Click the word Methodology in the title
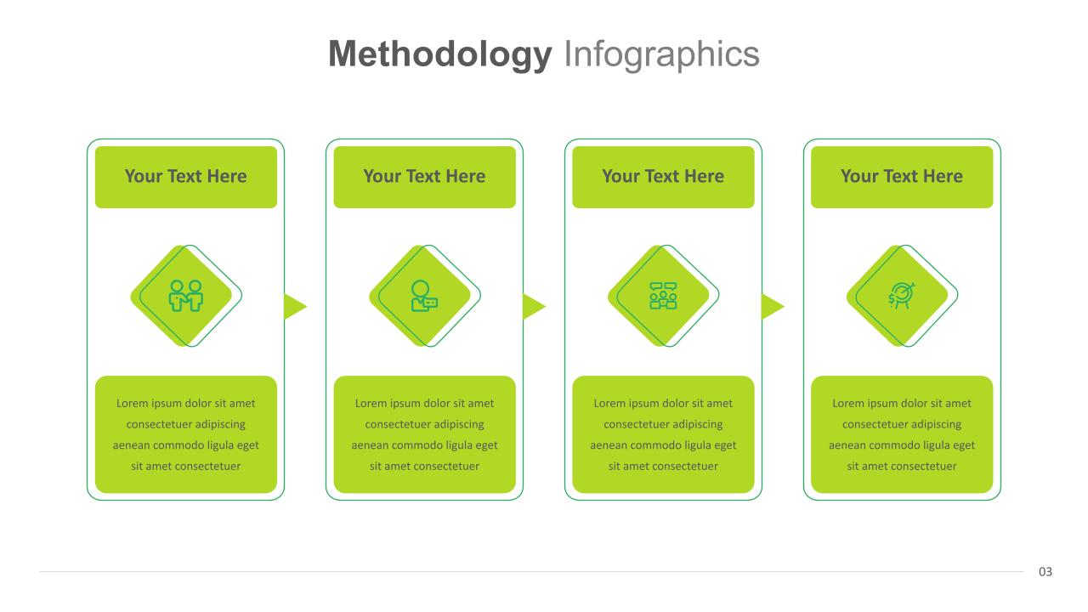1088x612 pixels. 439,54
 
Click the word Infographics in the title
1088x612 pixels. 661,54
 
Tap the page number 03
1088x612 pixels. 1045,572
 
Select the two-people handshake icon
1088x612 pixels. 186,296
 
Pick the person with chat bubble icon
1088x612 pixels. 424,296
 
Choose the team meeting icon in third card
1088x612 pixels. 663,296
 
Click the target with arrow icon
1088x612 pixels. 901,296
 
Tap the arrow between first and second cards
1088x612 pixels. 294,306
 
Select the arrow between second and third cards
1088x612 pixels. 533,306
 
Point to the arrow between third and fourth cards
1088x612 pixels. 771,306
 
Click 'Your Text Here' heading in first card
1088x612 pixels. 185,177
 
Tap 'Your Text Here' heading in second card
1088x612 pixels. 424,177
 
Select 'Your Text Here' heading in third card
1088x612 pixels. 663,177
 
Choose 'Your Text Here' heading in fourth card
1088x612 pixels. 902,177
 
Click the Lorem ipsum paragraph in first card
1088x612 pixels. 186,434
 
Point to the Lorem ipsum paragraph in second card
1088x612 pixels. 424,434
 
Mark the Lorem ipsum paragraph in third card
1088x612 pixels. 663,434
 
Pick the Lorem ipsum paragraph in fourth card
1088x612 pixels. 902,434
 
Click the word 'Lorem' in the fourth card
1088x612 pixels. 848,404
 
